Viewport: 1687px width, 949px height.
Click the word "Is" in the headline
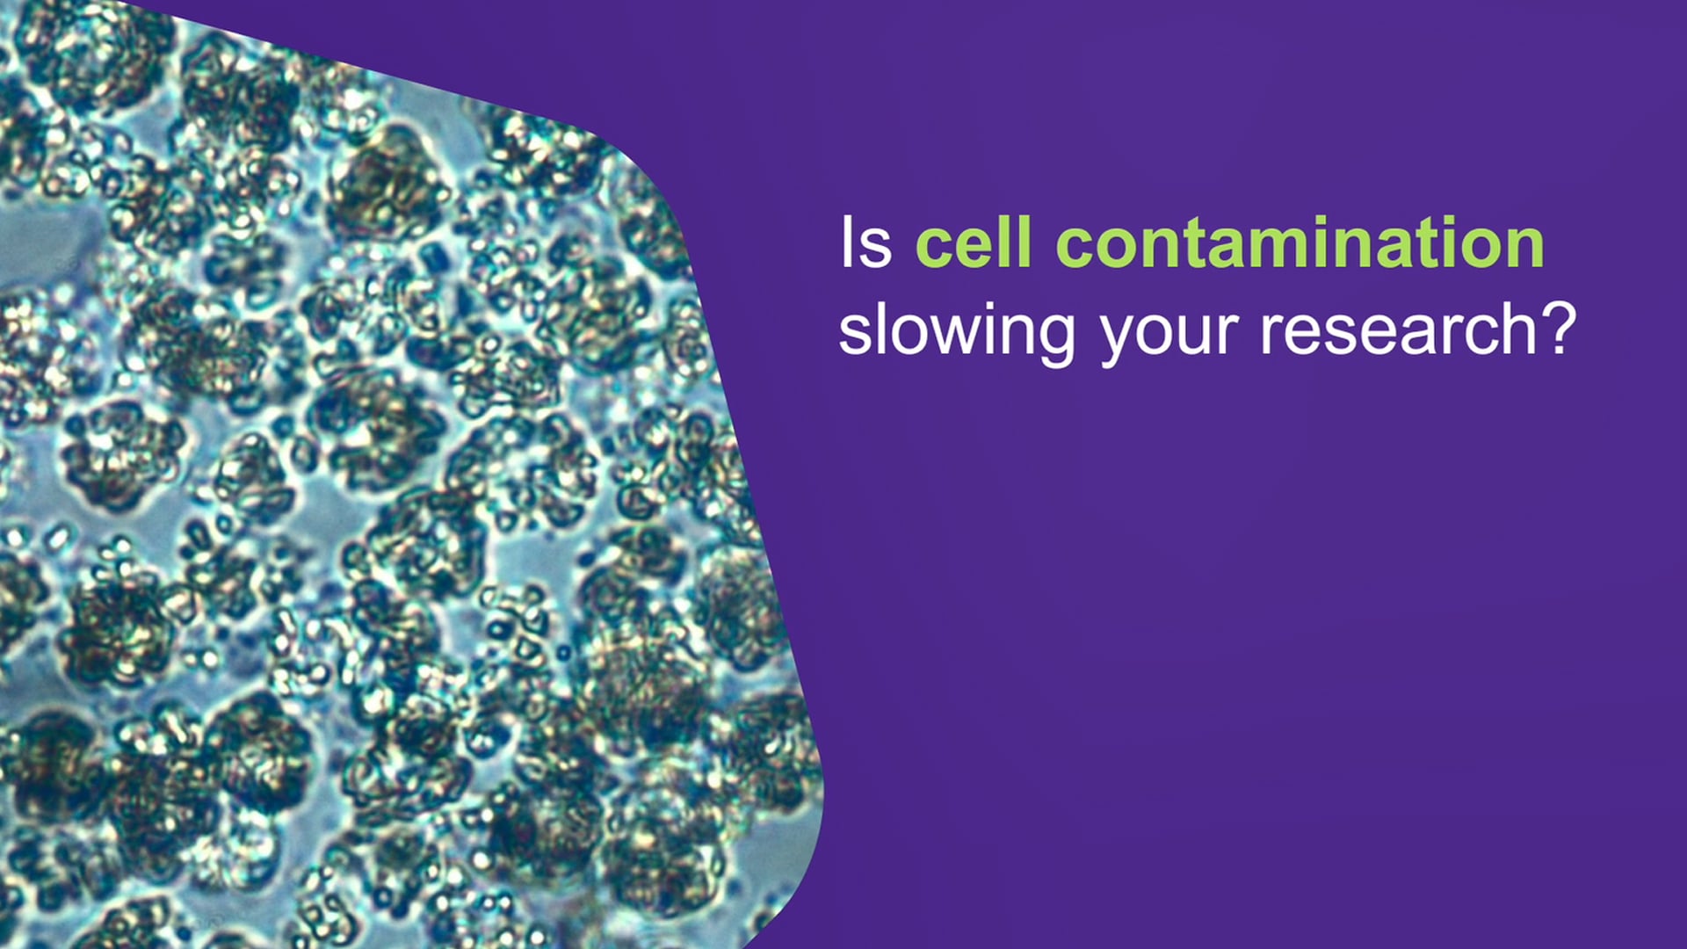tap(865, 243)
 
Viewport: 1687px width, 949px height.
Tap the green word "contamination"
tap(1300, 243)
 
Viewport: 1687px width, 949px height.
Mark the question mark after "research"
tap(1560, 329)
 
